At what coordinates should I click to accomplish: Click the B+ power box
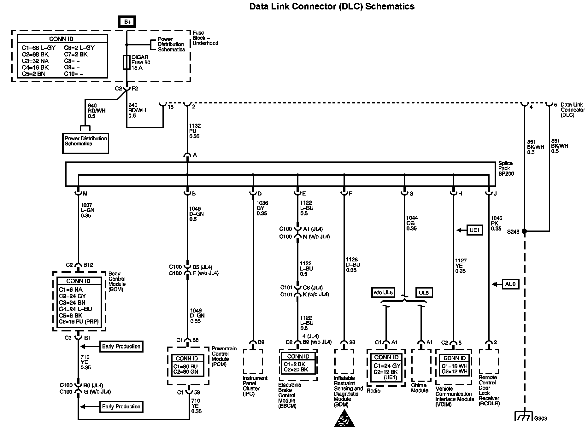(x=127, y=22)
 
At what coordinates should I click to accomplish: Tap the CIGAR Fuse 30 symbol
(x=126, y=62)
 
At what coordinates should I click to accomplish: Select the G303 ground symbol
(x=524, y=416)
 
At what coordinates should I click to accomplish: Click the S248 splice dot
(x=524, y=231)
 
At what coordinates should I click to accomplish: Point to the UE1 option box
(x=474, y=230)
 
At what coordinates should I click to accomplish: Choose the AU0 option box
(x=510, y=284)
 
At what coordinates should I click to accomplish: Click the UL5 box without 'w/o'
(x=424, y=293)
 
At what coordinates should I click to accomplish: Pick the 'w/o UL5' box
(x=383, y=293)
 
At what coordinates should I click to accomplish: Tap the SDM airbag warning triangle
(x=344, y=419)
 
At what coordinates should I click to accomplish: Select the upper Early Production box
(x=121, y=346)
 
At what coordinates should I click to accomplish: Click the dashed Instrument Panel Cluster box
(x=253, y=361)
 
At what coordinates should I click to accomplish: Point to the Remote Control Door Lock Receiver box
(x=489, y=361)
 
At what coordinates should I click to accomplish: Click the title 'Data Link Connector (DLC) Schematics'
(x=332, y=6)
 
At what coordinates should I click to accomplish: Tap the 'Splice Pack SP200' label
(x=506, y=168)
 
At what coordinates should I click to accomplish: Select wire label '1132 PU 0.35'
(x=195, y=131)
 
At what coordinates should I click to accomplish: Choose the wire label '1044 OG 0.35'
(x=411, y=223)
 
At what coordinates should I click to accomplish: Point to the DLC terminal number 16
(x=170, y=107)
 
